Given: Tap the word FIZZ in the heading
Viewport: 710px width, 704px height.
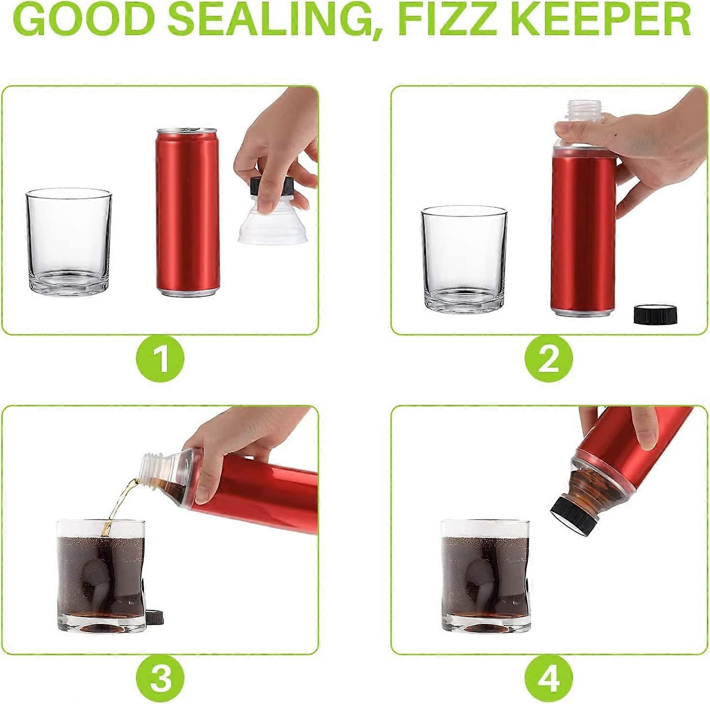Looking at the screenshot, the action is pyautogui.click(x=453, y=18).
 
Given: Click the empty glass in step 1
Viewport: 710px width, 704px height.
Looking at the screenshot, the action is pyautogui.click(x=68, y=240).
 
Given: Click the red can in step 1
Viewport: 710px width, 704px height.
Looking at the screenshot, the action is pyautogui.click(x=188, y=212).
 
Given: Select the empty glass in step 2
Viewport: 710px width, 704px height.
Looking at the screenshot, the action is pyautogui.click(x=465, y=260).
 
